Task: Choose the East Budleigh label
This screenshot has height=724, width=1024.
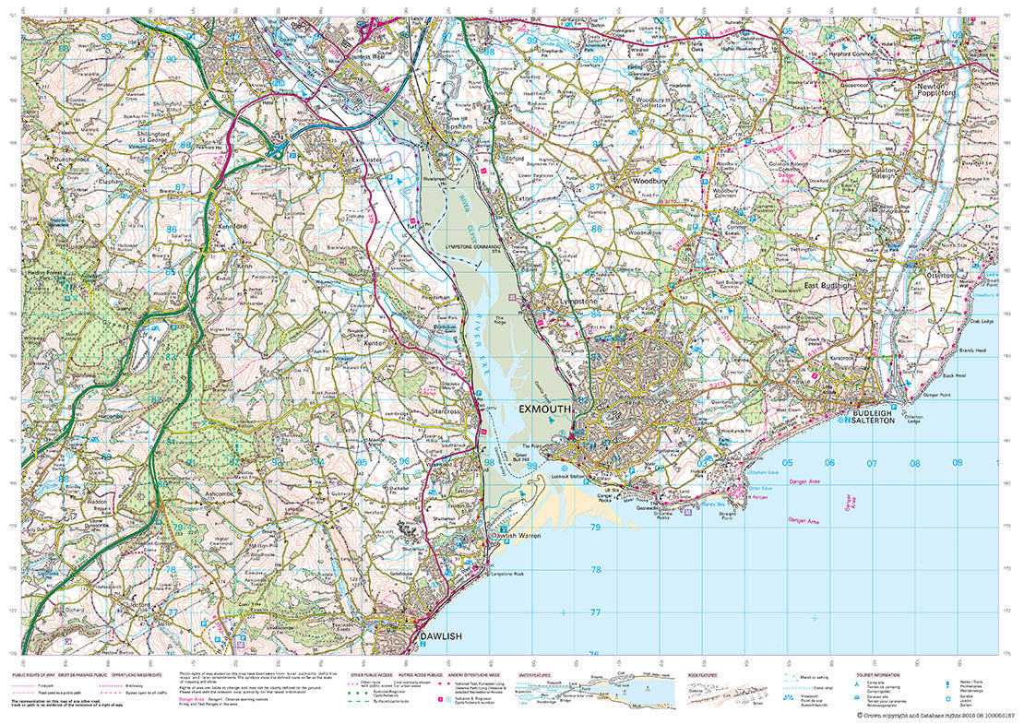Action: [x=826, y=286]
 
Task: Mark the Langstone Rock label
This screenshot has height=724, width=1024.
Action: [x=510, y=574]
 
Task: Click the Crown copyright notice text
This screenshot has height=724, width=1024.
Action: [x=935, y=715]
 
